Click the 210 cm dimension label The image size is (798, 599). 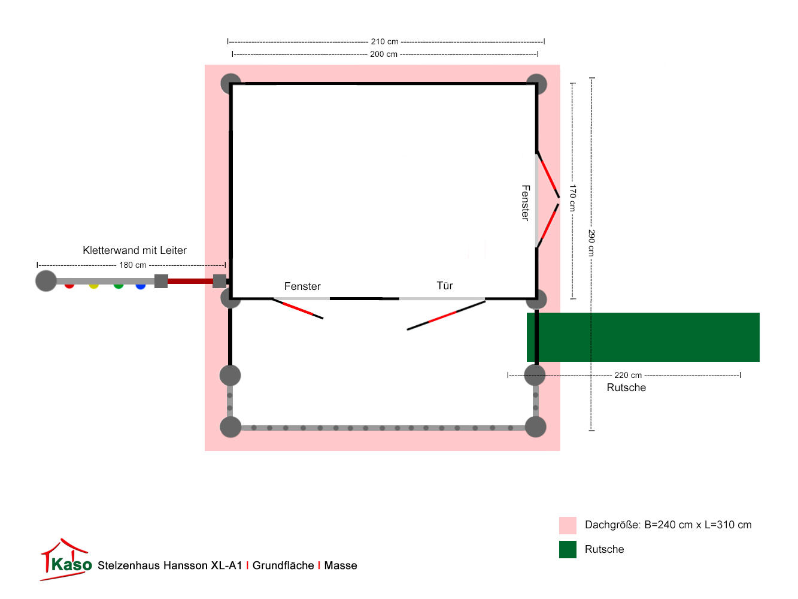pos(384,42)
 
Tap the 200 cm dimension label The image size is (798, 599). pos(384,55)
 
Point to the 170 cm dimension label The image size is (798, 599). pos(572,198)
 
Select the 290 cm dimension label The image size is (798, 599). pos(591,243)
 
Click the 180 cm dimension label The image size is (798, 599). pos(133,265)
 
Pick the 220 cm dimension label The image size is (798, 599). pos(628,376)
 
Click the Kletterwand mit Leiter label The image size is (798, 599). pos(135,250)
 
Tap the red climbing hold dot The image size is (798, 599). pos(69,285)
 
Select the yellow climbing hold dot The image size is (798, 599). pos(94,285)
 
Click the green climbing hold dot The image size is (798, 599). pos(119,285)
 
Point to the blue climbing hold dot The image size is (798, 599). pos(141,285)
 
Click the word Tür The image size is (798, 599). pos(445,286)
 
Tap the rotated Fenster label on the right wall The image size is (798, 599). pos(526,203)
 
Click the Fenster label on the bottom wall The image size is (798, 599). pos(302,286)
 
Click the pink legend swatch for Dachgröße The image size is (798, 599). pos(568,525)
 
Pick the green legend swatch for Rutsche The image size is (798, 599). pos(568,549)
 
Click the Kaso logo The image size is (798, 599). pos(66,561)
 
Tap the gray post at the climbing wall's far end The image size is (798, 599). pos(46,280)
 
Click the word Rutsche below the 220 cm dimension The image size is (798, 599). pos(626,388)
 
